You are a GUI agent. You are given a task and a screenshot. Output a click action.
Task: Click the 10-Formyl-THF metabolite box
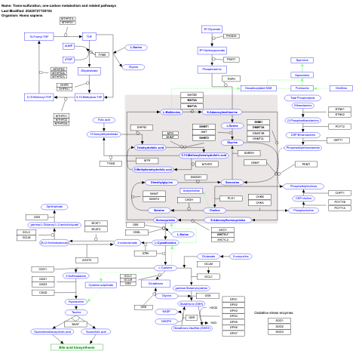point(41,36)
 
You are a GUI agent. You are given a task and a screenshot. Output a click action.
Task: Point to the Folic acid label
point(106,119)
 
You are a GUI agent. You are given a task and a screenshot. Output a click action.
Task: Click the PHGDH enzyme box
point(231,35)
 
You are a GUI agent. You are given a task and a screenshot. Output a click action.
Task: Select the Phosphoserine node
point(211,68)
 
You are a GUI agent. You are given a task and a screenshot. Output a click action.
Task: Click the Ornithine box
point(340,88)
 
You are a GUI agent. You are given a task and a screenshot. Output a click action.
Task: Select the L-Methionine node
point(173,111)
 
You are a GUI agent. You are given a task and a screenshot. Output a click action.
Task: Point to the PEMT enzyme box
point(305,164)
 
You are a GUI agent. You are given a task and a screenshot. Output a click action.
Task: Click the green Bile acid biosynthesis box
point(76,346)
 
